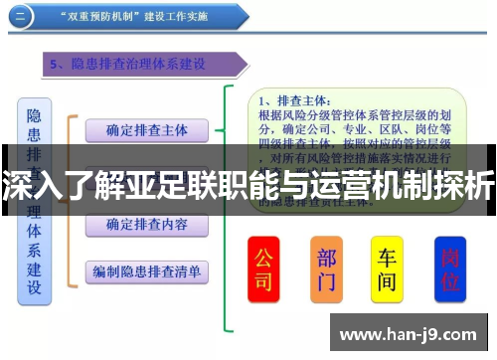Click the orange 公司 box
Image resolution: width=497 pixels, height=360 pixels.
pyautogui.click(x=262, y=269)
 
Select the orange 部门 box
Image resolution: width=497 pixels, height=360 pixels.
pyautogui.click(x=326, y=269)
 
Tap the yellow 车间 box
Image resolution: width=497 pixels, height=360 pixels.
pyautogui.click(x=388, y=269)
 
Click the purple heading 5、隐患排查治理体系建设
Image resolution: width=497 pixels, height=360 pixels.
pyautogui.click(x=139, y=65)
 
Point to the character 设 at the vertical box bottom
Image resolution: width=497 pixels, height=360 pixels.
pyautogui.click(x=34, y=287)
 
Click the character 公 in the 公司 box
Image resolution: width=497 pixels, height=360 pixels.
pyautogui.click(x=262, y=257)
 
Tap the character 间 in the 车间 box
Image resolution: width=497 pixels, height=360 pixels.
pyautogui.click(x=388, y=281)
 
